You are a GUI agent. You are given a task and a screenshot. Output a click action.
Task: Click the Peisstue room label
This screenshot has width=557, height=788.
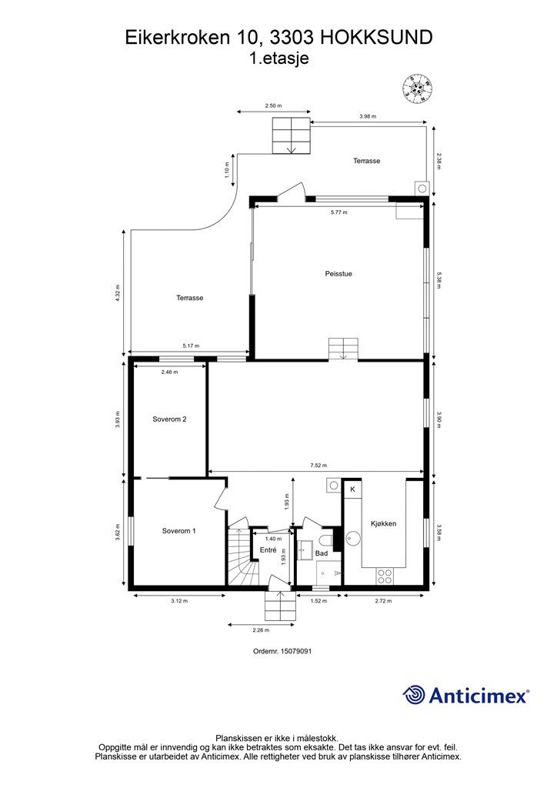pos(338,274)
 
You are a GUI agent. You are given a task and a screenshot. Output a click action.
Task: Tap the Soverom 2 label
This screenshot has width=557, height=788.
pos(170,419)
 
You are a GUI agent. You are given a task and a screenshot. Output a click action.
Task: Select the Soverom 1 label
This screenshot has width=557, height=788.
pos(178,531)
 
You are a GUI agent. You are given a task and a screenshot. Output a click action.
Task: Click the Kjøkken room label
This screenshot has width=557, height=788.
pos(384,523)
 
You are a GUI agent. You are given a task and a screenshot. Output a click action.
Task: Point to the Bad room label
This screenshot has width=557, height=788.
pos(322,553)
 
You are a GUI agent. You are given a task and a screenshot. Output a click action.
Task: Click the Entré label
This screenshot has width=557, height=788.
pos(268,550)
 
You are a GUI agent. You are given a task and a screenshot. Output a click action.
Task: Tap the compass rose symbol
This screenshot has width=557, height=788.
pos(418,89)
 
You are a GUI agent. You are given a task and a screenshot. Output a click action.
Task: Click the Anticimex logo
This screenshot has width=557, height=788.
pos(465,695)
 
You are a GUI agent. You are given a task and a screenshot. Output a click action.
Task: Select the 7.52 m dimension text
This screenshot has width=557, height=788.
pos(319,466)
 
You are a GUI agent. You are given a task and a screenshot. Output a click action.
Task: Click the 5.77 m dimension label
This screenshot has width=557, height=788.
pos(339,212)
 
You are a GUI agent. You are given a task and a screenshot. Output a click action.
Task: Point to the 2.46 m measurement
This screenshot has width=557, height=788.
pos(169,372)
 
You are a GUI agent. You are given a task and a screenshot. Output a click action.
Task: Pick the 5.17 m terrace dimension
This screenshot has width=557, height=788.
pos(191,346)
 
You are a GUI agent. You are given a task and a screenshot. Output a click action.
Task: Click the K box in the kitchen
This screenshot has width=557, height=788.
pos(352,489)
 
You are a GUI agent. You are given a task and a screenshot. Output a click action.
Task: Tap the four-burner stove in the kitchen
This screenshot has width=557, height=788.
pos(385,576)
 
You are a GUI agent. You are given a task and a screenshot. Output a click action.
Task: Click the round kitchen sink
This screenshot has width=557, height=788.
pos(353,538)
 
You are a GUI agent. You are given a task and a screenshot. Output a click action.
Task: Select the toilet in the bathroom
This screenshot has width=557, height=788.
pos(326,540)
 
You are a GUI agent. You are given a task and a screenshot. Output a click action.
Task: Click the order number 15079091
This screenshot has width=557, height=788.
pos(282,651)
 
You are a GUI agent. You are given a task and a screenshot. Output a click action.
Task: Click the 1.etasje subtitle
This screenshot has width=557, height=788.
pos(279,58)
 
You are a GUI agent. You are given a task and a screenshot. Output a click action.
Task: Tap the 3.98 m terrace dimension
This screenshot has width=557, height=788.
pos(368,116)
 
